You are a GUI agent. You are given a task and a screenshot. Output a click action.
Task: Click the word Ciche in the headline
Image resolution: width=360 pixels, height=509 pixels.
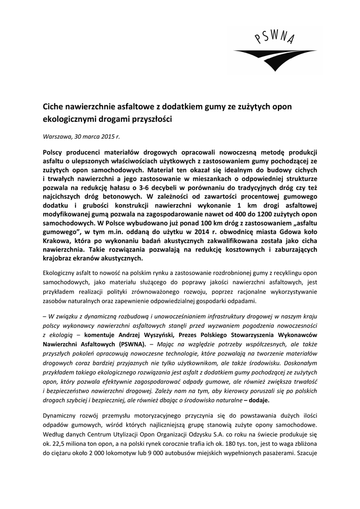coord(52,107)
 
